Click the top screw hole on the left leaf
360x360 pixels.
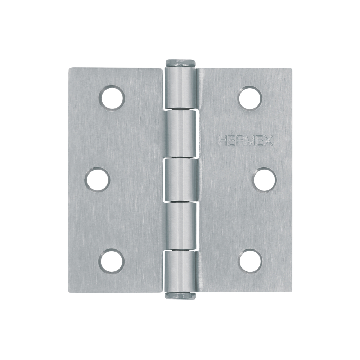[x=112, y=98]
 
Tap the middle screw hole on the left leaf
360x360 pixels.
[x=97, y=179]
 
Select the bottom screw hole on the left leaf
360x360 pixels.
[x=112, y=261]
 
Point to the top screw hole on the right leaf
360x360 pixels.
[x=250, y=98]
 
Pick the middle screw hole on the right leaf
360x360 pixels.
[x=265, y=179]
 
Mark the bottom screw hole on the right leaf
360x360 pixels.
[x=250, y=261]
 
